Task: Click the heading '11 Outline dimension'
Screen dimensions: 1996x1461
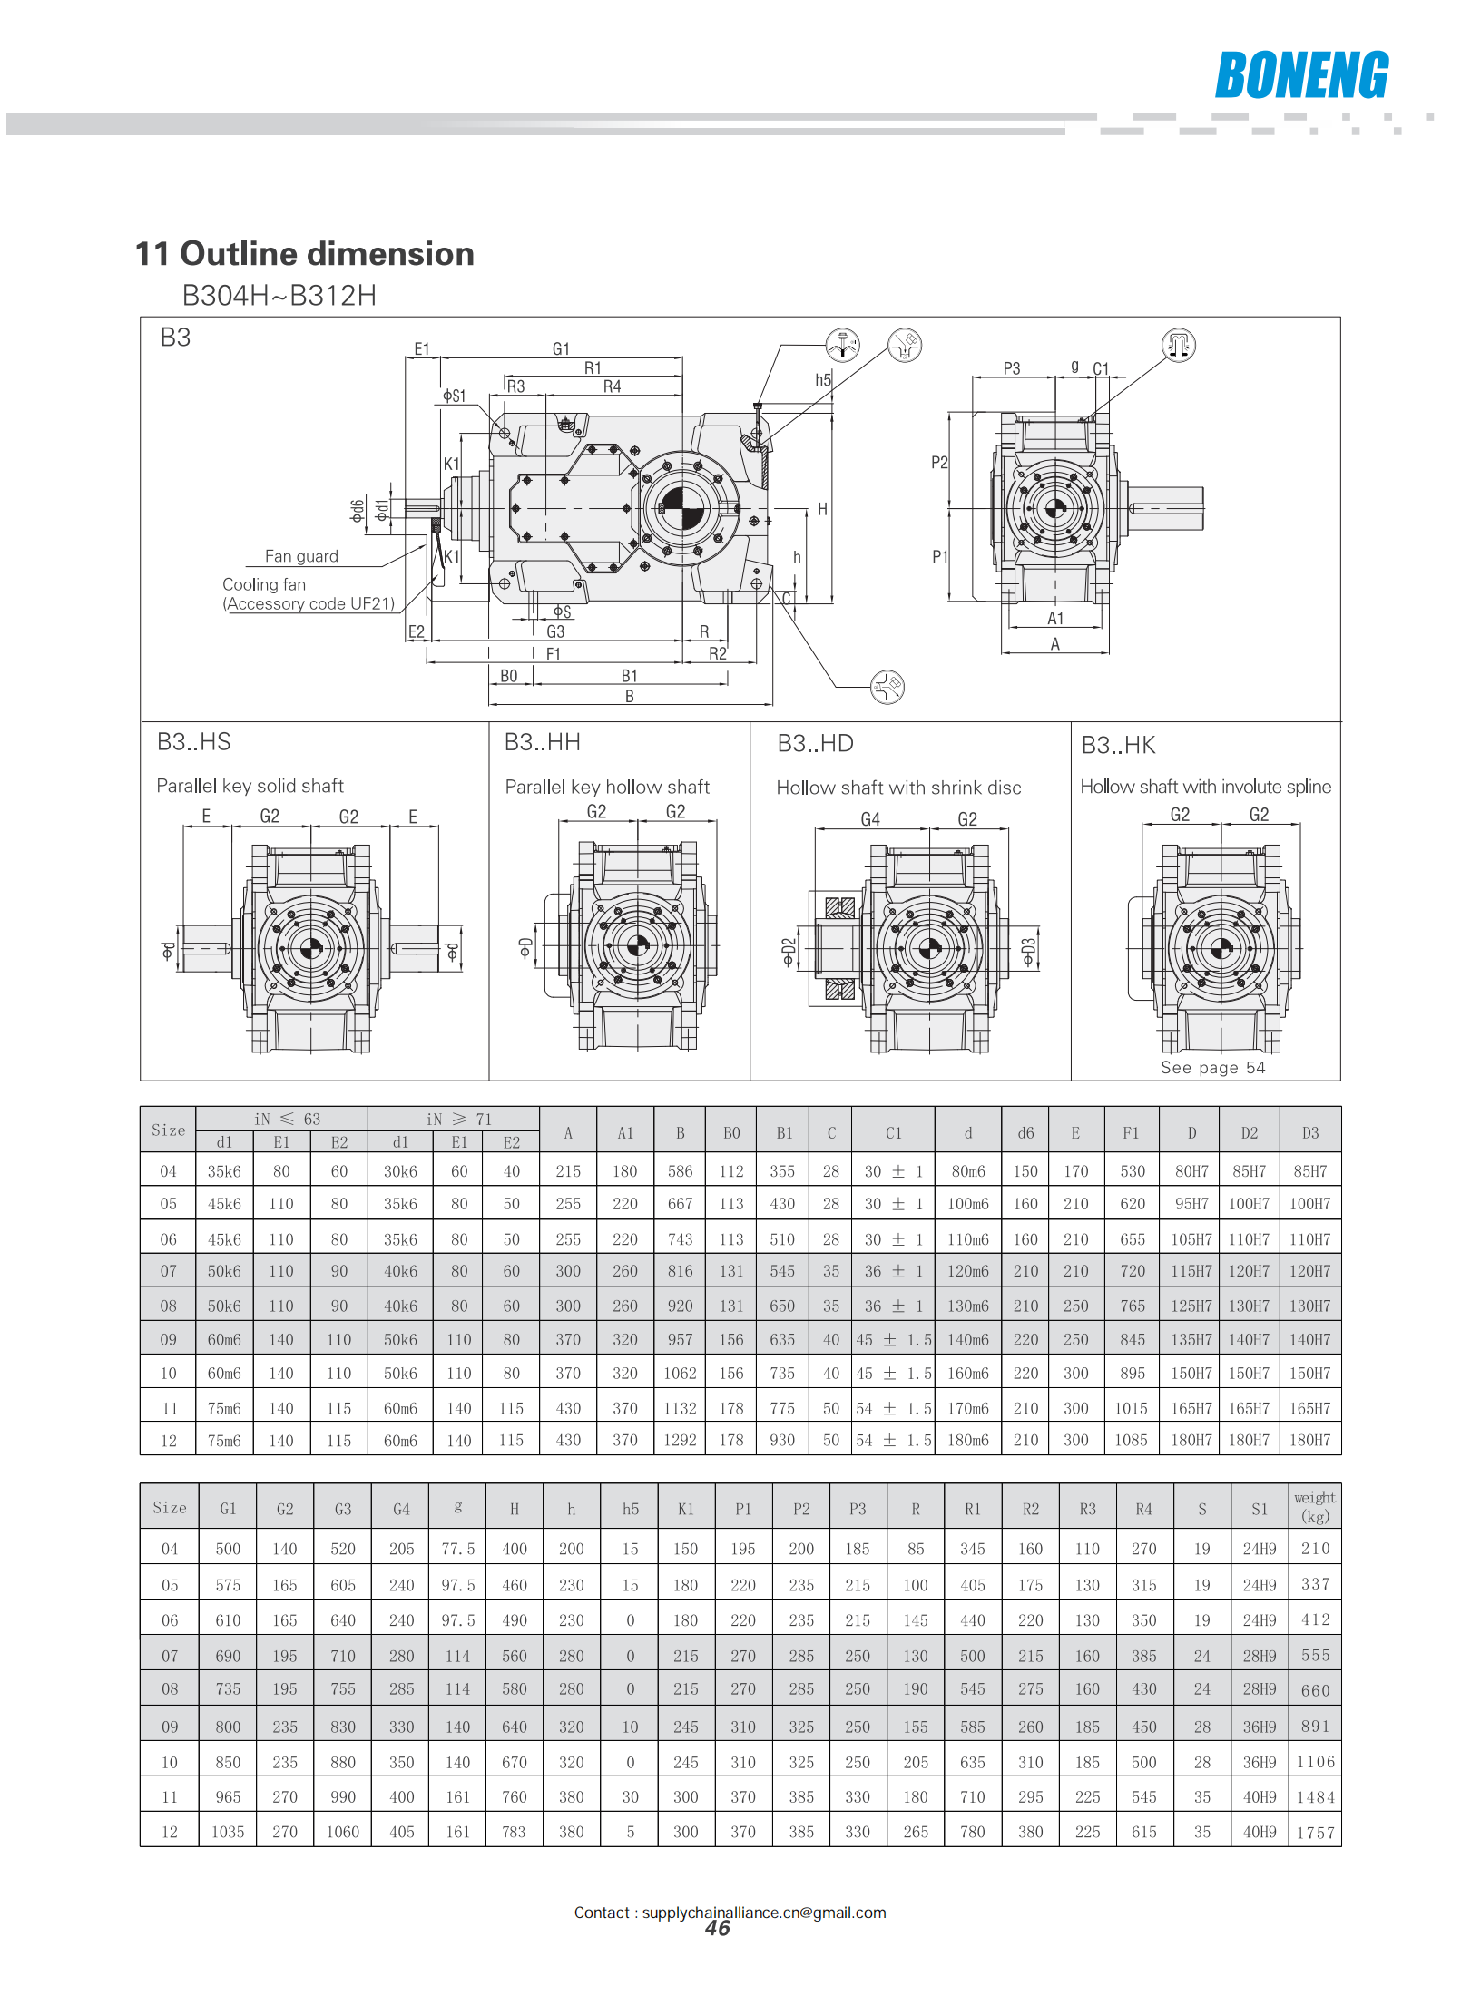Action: pyautogui.click(x=304, y=254)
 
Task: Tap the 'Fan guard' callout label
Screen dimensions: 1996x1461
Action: pyautogui.click(x=301, y=556)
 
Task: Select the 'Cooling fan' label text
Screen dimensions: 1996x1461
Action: pyautogui.click(x=264, y=584)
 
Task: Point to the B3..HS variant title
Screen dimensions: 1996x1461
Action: pyautogui.click(x=194, y=742)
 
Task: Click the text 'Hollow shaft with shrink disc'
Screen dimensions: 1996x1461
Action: pyautogui.click(x=898, y=788)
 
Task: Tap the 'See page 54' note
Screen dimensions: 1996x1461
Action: pyautogui.click(x=1212, y=1068)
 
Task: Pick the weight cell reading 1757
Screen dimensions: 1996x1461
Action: pyautogui.click(x=1315, y=1833)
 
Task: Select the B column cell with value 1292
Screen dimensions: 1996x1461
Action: pyautogui.click(x=680, y=1440)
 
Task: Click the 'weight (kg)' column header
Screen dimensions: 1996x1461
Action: pyautogui.click(x=1314, y=1507)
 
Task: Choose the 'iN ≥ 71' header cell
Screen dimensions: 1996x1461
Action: pyautogui.click(x=459, y=1119)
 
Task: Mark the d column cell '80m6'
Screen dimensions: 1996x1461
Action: pyautogui.click(x=968, y=1171)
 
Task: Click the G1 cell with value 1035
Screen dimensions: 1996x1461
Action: pyautogui.click(x=228, y=1832)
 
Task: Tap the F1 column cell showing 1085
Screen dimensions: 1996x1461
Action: pyautogui.click(x=1132, y=1440)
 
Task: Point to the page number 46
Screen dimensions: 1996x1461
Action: pyautogui.click(x=718, y=1929)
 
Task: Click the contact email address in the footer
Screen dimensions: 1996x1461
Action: pyautogui.click(x=764, y=1913)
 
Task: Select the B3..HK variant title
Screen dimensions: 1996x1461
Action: pyautogui.click(x=1118, y=745)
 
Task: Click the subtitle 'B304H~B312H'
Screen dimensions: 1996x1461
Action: pyautogui.click(x=279, y=296)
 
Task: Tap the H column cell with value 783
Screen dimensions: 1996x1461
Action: pyautogui.click(x=514, y=1832)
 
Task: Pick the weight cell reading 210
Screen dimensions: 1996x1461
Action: pyautogui.click(x=1315, y=1549)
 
